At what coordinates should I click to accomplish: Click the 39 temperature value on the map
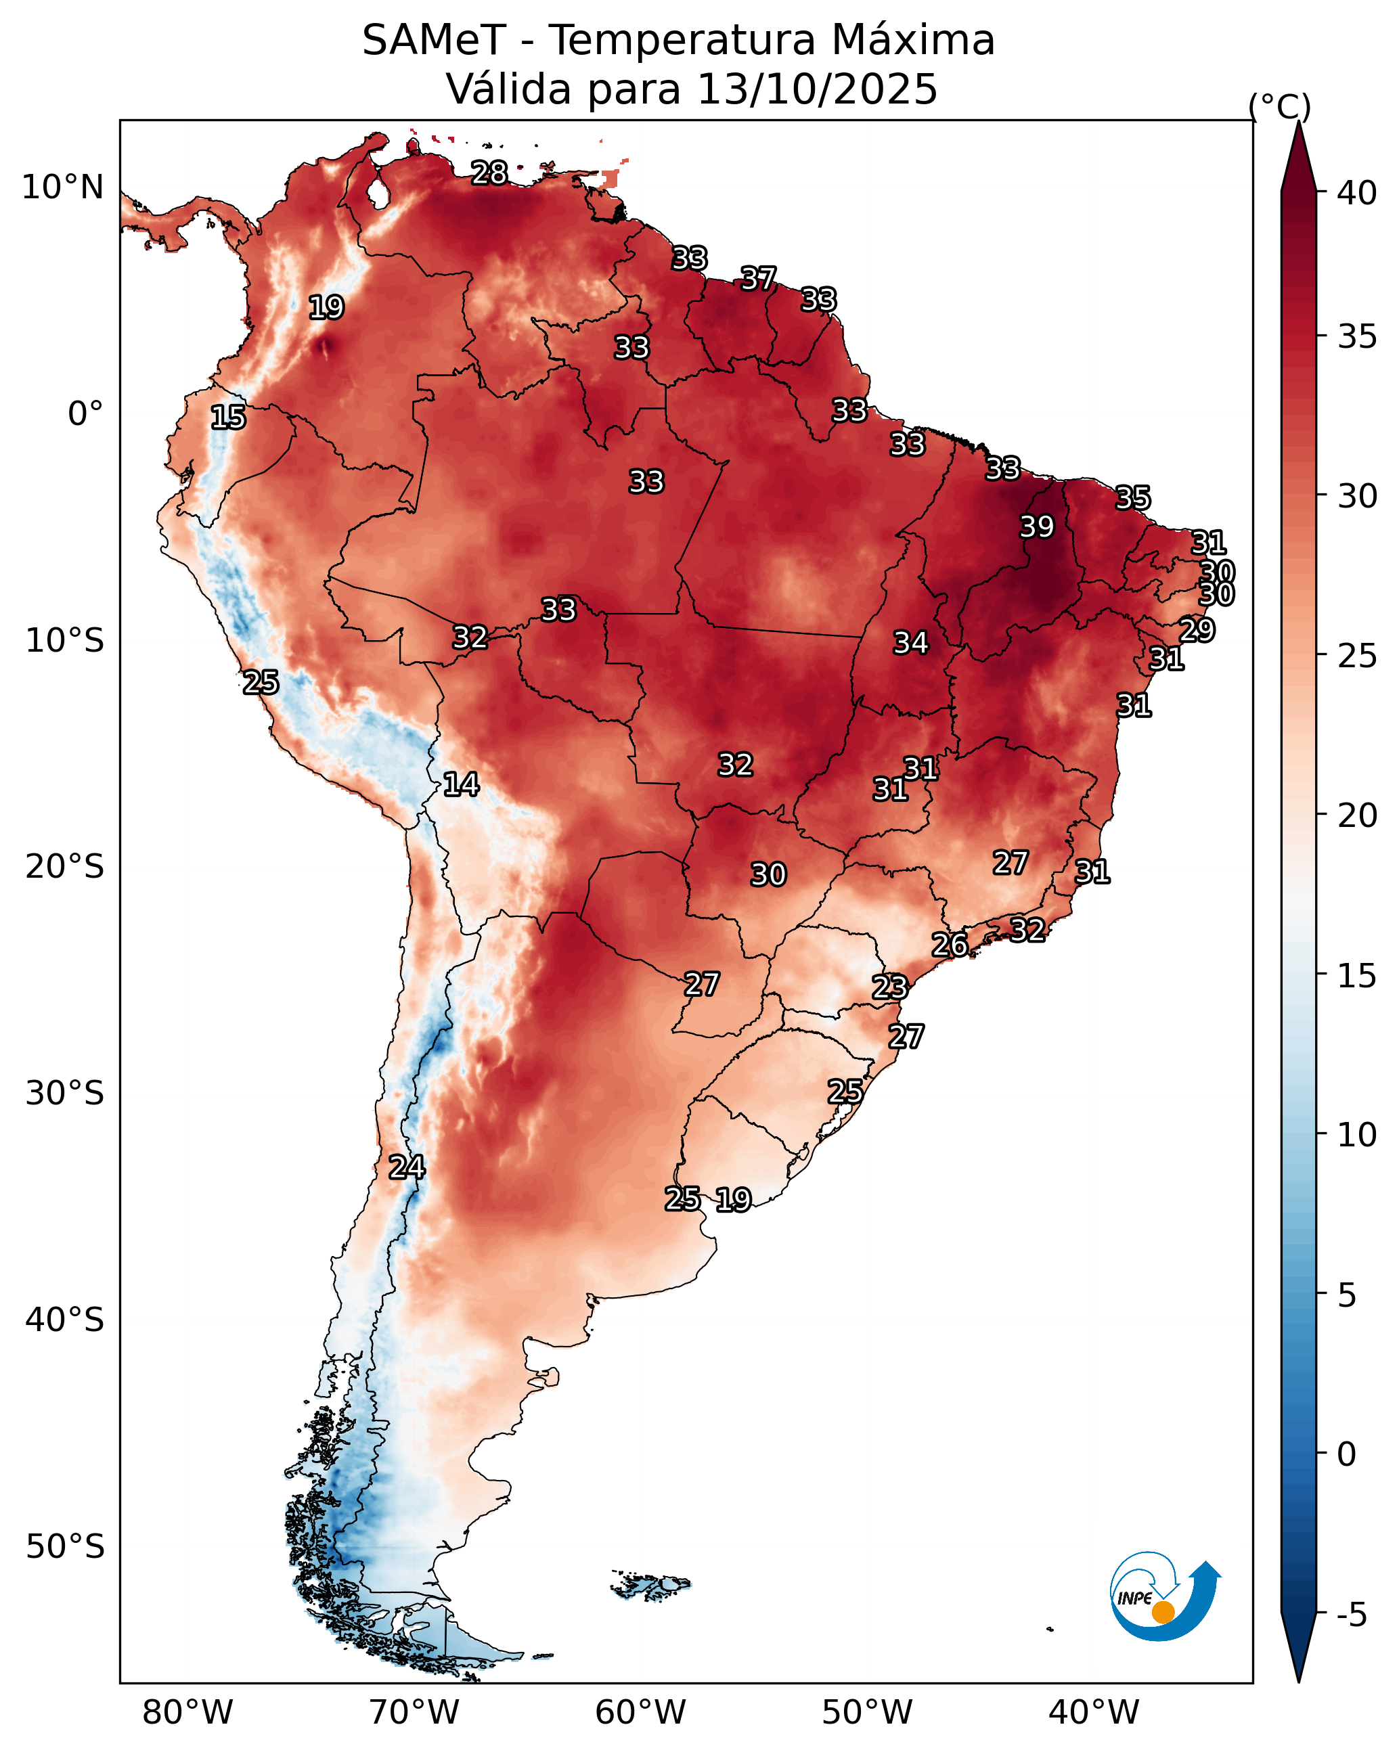(x=1037, y=526)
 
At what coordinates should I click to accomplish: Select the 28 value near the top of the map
(x=489, y=173)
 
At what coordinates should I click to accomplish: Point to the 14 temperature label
(x=461, y=784)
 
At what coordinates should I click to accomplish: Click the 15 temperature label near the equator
(x=228, y=418)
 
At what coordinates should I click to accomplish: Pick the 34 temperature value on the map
(x=911, y=643)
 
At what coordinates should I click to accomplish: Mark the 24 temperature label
(x=407, y=1167)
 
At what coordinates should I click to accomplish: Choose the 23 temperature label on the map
(x=890, y=987)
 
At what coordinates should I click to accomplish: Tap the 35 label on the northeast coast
(x=1133, y=497)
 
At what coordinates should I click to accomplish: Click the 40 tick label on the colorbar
(x=1357, y=193)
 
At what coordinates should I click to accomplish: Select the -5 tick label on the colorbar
(x=1352, y=1615)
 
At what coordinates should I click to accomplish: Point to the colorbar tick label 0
(x=1346, y=1456)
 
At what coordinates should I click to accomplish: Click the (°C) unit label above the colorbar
(x=1280, y=106)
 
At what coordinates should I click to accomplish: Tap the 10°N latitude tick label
(x=62, y=187)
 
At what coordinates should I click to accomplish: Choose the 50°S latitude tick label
(x=65, y=1547)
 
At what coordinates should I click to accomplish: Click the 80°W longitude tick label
(x=187, y=1713)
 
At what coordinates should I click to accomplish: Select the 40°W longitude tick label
(x=1094, y=1713)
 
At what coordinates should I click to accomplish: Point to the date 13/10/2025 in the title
(x=818, y=89)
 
